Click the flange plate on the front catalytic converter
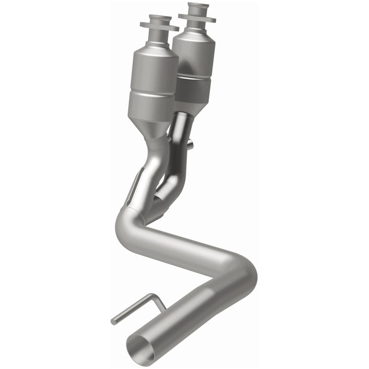pos(159,28)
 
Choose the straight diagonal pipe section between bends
pos(184,242)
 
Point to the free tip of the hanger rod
pos(113,321)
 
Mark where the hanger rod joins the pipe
pos(164,307)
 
